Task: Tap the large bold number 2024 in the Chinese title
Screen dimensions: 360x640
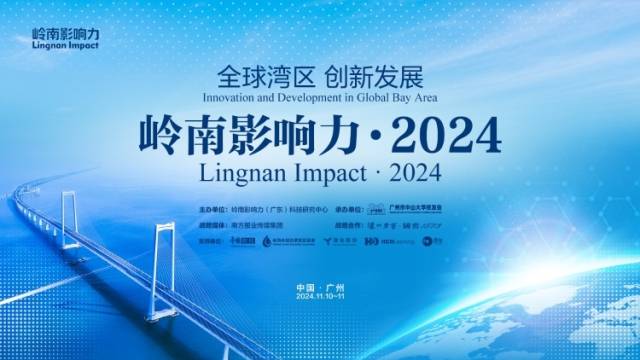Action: [440, 132]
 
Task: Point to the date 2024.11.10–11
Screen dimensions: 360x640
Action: [319, 298]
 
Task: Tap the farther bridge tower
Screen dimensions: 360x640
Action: [70, 214]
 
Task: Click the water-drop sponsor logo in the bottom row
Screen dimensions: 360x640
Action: [267, 241]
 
